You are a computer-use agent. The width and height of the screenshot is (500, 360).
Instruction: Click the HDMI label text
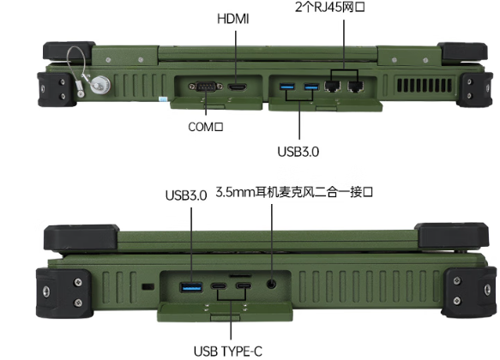click(x=232, y=19)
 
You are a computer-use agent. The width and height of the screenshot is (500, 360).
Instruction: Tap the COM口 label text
click(x=206, y=127)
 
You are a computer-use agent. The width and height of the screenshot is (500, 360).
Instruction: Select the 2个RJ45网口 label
click(x=330, y=7)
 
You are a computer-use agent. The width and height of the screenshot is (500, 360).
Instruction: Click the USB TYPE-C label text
click(x=228, y=351)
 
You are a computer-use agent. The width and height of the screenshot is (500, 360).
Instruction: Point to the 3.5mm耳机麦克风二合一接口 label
click(x=294, y=192)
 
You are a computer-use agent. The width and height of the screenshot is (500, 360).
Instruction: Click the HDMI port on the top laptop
click(x=238, y=87)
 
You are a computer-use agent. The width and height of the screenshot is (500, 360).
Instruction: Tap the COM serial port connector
click(x=206, y=86)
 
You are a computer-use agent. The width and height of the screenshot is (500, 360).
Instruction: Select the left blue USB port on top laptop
click(x=287, y=86)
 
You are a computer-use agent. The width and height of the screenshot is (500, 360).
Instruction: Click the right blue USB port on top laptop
click(x=311, y=87)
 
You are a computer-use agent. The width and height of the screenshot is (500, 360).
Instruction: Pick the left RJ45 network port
click(x=332, y=87)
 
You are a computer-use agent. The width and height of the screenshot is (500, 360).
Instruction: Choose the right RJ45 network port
click(x=356, y=87)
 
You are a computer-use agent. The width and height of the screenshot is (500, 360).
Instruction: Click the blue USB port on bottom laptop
click(x=191, y=287)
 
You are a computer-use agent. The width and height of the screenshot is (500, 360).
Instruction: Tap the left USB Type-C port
click(x=219, y=285)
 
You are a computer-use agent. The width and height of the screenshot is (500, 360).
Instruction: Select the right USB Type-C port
click(x=244, y=285)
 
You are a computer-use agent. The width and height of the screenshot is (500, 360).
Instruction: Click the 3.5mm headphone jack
click(x=271, y=284)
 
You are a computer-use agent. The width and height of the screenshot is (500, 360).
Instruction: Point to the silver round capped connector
click(x=99, y=85)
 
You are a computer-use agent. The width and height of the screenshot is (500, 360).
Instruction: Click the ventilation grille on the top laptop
click(x=425, y=85)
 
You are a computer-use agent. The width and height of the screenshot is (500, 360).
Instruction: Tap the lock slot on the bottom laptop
click(x=148, y=287)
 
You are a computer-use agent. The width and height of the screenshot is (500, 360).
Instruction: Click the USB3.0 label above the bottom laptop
click(x=186, y=195)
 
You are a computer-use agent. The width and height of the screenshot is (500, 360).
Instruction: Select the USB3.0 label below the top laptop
click(x=298, y=152)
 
